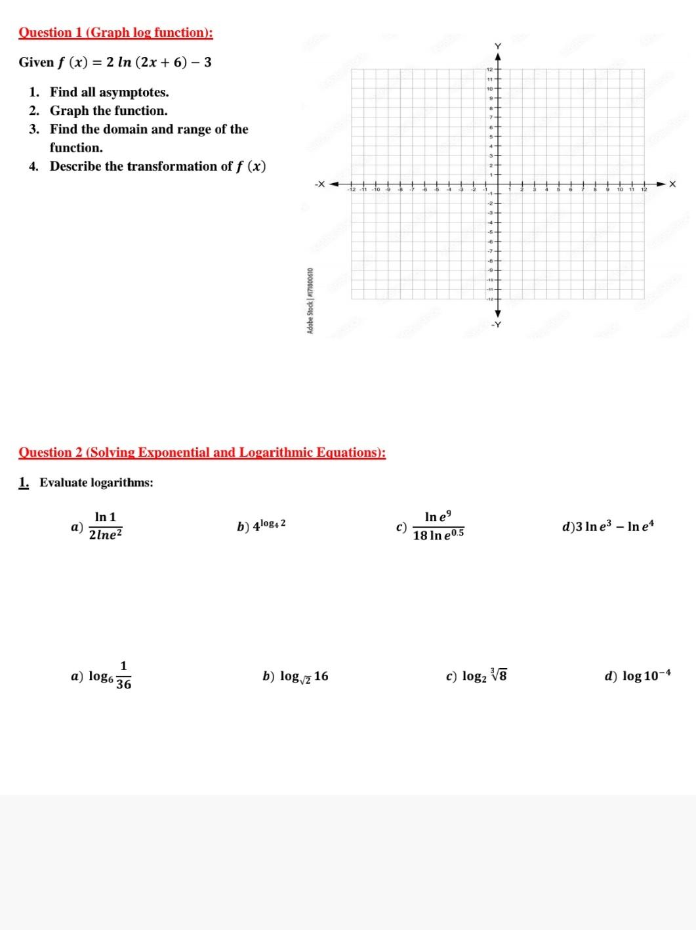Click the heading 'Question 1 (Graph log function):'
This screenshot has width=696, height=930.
tap(115, 33)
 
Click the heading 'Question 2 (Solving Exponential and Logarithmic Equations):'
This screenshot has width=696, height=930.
tap(202, 452)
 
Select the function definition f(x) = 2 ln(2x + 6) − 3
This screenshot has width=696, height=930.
tap(115, 63)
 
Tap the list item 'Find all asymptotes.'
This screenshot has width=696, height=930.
tap(109, 93)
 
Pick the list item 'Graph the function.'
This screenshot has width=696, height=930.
tap(108, 111)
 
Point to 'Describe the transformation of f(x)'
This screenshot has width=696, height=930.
tap(157, 167)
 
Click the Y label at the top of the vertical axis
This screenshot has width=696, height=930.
tap(497, 46)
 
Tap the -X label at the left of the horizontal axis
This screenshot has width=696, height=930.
tap(319, 184)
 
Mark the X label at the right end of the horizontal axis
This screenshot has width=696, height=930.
tap(672, 184)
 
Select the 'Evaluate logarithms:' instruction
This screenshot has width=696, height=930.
tap(96, 483)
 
